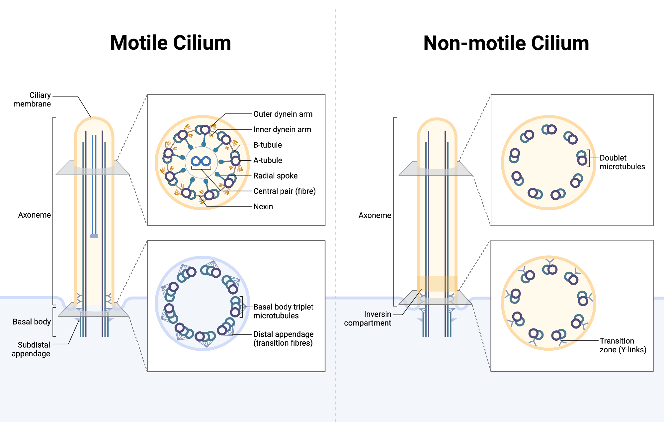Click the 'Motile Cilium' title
(170, 43)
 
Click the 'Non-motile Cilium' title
(506, 43)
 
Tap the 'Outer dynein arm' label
(283, 114)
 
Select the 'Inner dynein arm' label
(282, 130)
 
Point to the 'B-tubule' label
(267, 145)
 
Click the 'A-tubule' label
(267, 161)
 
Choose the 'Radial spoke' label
(275, 176)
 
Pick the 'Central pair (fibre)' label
(284, 191)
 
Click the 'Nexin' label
(263, 207)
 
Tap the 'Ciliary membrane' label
(33, 100)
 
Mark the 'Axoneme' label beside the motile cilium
(34, 215)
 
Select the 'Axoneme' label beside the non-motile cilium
(374, 215)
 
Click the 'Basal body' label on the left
(32, 322)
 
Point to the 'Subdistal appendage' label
(31, 349)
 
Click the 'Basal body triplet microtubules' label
(283, 311)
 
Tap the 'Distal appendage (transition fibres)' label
(283, 338)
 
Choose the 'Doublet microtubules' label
(622, 162)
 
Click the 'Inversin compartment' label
(368, 318)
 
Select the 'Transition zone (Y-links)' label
(622, 345)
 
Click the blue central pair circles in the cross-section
(201, 162)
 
